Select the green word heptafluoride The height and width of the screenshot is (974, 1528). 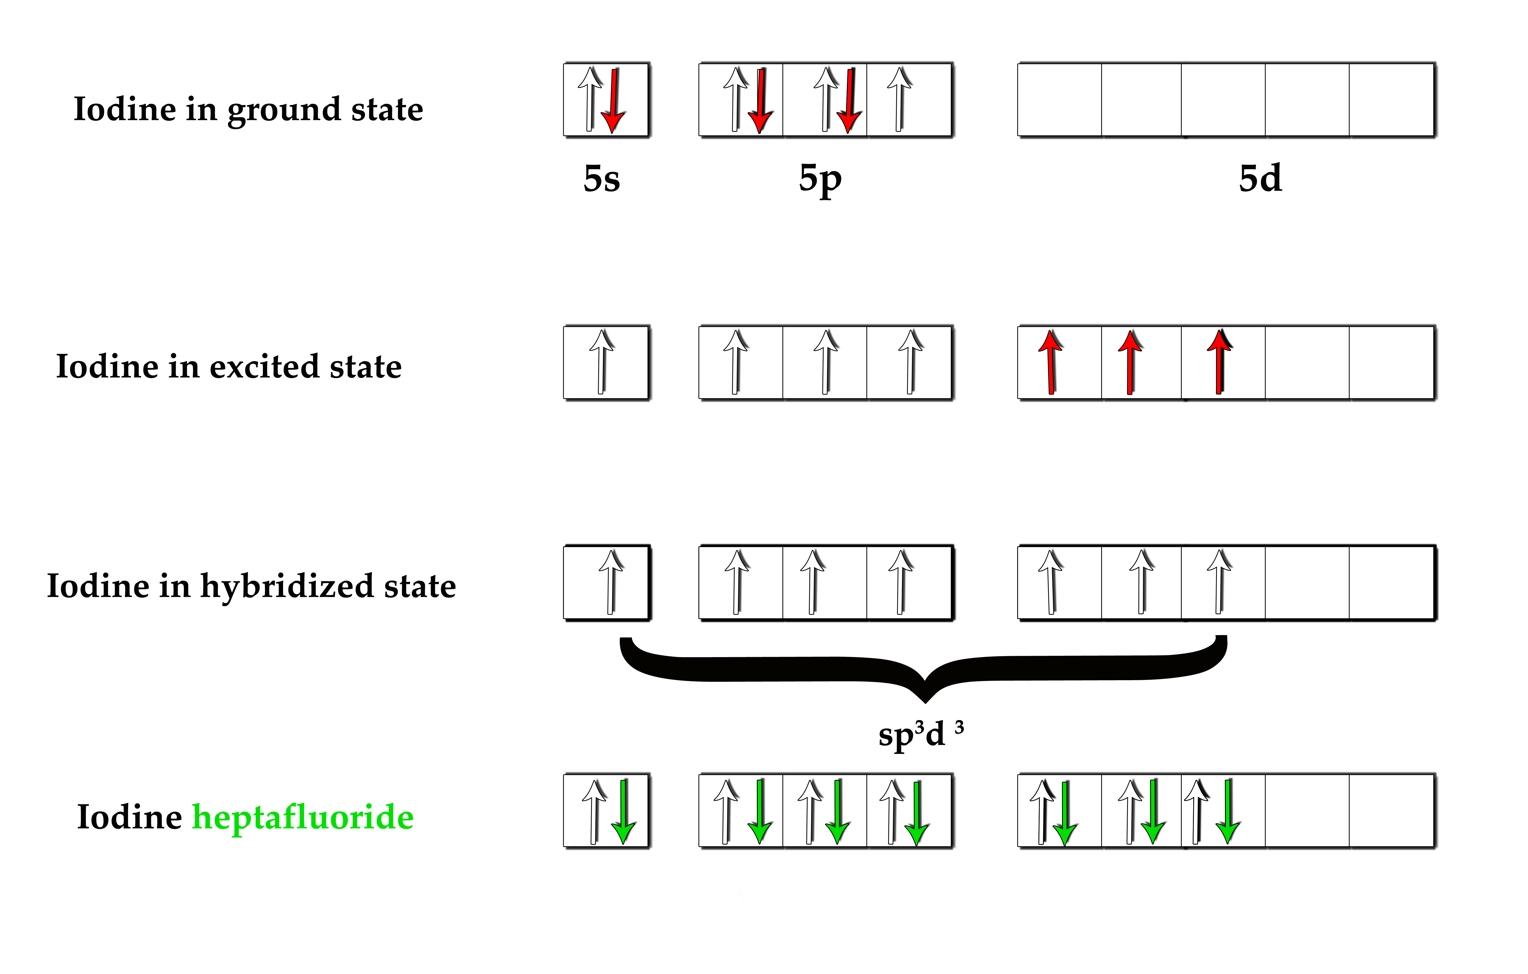(303, 817)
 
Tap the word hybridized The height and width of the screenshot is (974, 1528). (287, 586)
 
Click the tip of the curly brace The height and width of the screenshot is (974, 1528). (925, 698)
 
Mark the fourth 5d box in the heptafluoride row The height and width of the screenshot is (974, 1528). (1307, 810)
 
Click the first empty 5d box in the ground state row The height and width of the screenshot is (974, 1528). (1059, 100)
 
